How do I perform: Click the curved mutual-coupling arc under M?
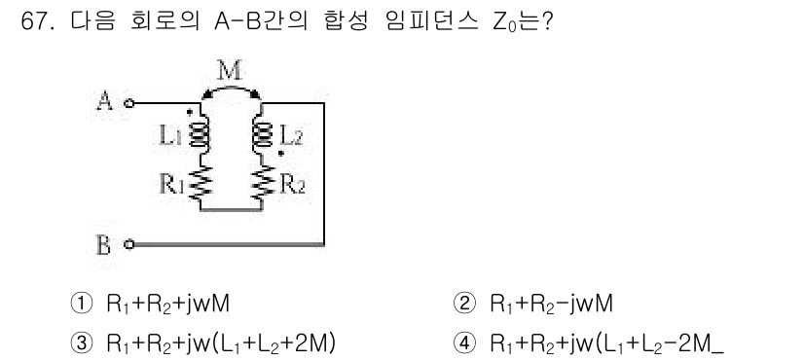(x=231, y=88)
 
